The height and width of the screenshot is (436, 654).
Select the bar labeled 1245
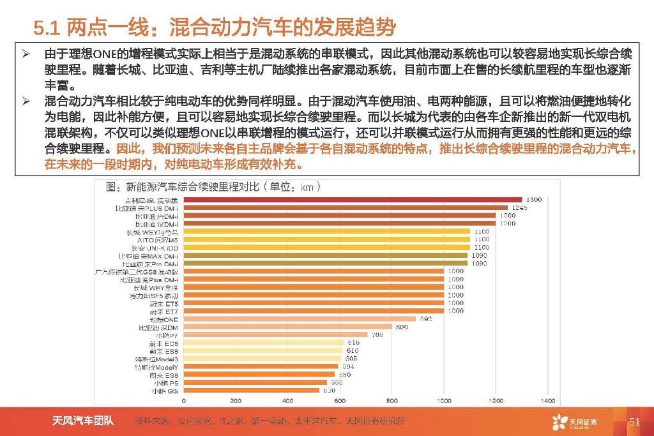click(x=346, y=208)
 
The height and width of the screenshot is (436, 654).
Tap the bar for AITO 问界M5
click(x=326, y=239)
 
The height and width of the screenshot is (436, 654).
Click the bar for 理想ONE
click(x=300, y=319)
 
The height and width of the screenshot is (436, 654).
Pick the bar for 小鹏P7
click(x=275, y=335)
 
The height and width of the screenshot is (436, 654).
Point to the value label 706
click(x=377, y=335)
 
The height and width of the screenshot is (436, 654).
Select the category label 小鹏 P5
click(x=165, y=382)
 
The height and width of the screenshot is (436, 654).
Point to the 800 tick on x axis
click(x=392, y=400)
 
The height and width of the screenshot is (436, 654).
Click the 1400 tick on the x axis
click(x=548, y=400)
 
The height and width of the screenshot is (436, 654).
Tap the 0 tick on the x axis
click(x=184, y=400)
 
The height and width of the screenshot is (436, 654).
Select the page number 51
click(x=634, y=421)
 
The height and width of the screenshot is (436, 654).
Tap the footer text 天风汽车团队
click(x=83, y=421)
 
